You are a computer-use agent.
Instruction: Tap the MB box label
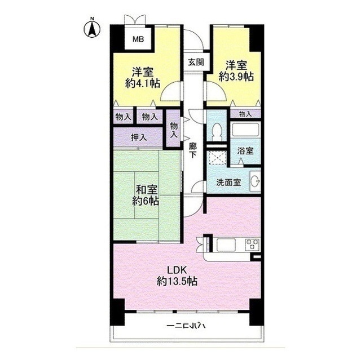coord(137,39)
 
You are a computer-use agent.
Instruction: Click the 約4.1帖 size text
coord(142,83)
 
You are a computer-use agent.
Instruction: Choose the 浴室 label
coord(245,152)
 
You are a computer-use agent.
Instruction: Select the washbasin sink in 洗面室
coord(254,181)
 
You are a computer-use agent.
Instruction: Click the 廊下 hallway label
coord(192,149)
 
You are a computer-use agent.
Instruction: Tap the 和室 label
coord(145,189)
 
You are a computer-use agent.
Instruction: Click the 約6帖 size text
coord(145,201)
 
